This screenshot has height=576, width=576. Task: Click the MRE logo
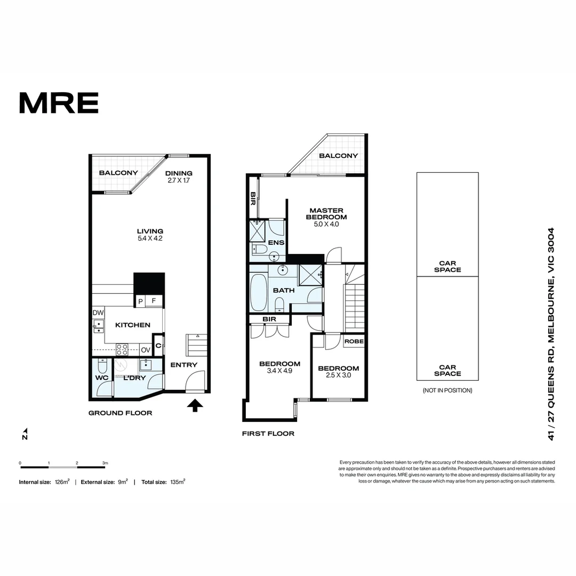pyautogui.click(x=59, y=103)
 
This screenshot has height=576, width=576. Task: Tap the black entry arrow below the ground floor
pyautogui.click(x=196, y=405)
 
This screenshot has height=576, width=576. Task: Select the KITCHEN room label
pyautogui.click(x=133, y=325)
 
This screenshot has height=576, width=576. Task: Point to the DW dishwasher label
pyautogui.click(x=98, y=313)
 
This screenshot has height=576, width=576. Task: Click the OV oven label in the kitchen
pyautogui.click(x=146, y=350)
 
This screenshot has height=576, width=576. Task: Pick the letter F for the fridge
pyautogui.click(x=154, y=301)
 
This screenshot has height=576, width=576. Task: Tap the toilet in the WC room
pyautogui.click(x=103, y=366)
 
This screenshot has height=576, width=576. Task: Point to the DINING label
pyautogui.click(x=179, y=173)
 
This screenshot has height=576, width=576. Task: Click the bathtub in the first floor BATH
pyautogui.click(x=259, y=292)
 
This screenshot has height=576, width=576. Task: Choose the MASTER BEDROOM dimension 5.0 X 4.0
pyautogui.click(x=326, y=224)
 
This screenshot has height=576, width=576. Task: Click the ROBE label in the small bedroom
pyautogui.click(x=354, y=341)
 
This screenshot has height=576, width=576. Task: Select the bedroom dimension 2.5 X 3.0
pyautogui.click(x=339, y=375)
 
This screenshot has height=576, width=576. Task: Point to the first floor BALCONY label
pyautogui.click(x=338, y=156)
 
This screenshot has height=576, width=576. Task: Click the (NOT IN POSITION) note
pyautogui.click(x=447, y=390)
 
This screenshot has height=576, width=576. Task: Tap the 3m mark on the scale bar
pyautogui.click(x=105, y=463)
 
